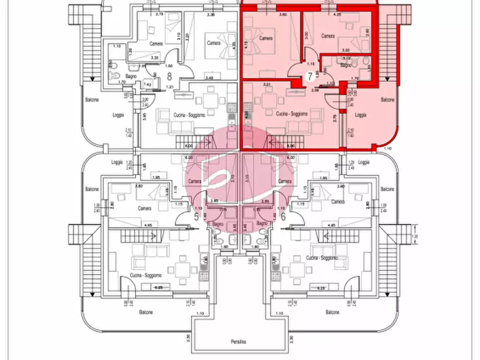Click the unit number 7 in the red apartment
[310, 76]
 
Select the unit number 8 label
[170, 76]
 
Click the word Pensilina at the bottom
[239, 341]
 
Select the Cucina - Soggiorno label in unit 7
[292, 114]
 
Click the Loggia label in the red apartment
[361, 114]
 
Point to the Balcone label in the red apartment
[387, 100]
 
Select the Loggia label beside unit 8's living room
[118, 114]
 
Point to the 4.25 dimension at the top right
[338, 15]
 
